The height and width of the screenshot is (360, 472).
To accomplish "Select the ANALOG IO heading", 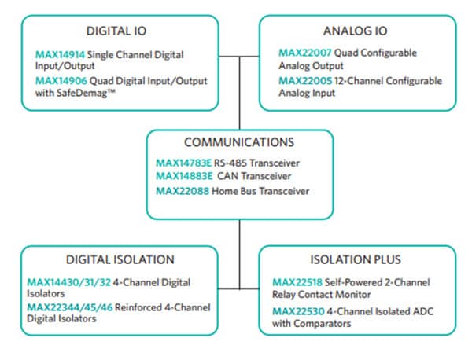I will [x=356, y=31].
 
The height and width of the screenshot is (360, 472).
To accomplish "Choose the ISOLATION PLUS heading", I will [x=356, y=259].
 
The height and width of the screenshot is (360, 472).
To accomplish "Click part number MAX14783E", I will [x=185, y=163].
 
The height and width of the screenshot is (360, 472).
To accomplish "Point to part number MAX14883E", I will [x=185, y=176].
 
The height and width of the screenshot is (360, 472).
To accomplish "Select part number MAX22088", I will [x=182, y=190].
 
